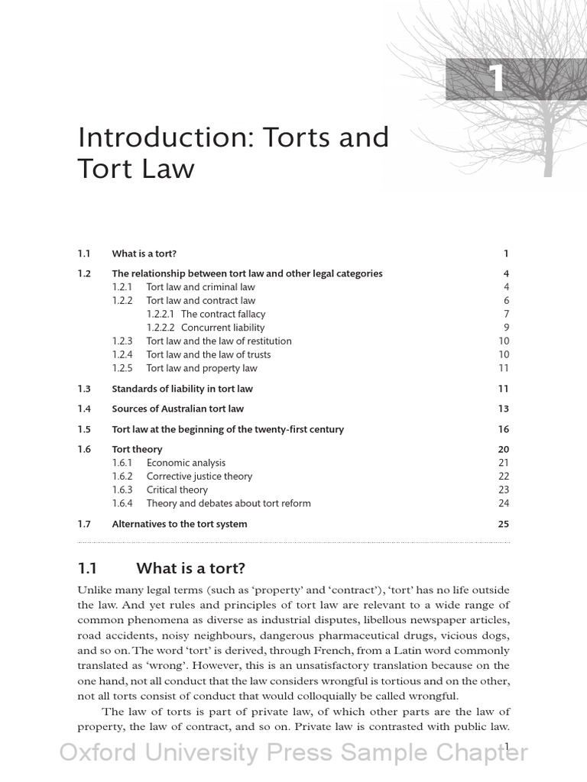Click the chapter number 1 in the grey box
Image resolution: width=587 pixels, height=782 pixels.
tap(498, 79)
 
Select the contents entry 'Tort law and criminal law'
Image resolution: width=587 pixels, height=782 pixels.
tap(200, 287)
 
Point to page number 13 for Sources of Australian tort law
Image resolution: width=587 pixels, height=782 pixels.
tap(503, 409)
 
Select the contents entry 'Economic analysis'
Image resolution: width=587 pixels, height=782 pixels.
tap(186, 463)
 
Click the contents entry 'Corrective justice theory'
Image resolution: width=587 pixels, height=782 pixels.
tap(199, 477)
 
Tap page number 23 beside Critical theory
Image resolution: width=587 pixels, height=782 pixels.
tap(503, 490)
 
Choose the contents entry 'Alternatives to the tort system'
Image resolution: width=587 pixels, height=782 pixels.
tap(180, 524)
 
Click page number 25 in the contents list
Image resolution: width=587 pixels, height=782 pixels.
tap(503, 524)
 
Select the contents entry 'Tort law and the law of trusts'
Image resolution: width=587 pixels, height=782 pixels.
tap(208, 355)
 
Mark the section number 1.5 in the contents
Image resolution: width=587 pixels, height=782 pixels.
tap(84, 429)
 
